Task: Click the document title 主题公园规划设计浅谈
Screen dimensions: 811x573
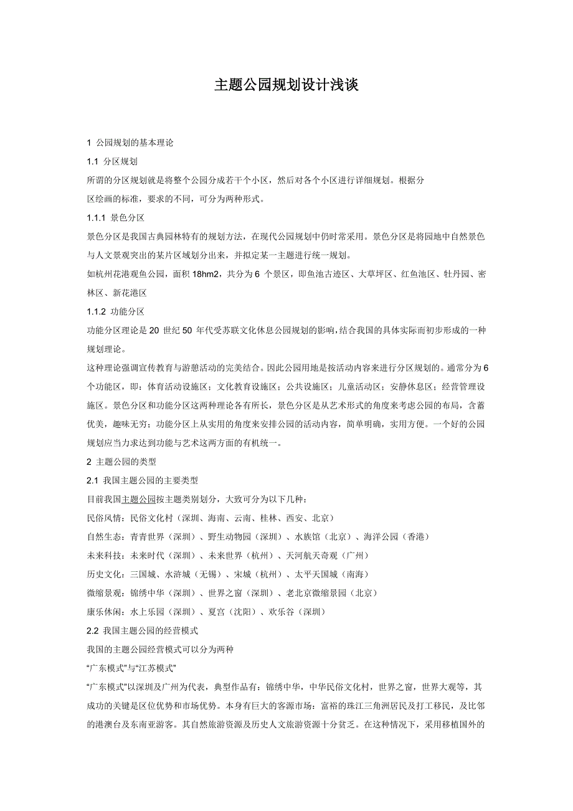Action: tap(286, 85)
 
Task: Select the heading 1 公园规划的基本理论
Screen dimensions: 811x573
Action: tap(130, 143)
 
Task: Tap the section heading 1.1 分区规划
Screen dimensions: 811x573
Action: tap(112, 161)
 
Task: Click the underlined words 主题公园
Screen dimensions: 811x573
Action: tap(139, 499)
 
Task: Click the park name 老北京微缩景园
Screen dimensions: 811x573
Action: tap(317, 592)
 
